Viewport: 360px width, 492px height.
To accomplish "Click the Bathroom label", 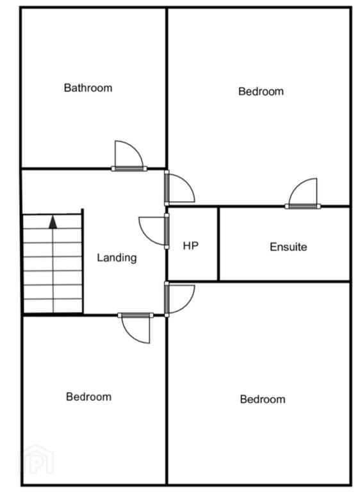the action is (88, 88).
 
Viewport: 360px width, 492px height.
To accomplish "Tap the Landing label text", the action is (117, 258).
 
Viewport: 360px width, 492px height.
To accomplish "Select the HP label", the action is (190, 246).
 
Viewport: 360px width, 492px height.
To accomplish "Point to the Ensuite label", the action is (288, 247).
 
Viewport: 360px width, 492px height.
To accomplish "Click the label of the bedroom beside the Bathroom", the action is (261, 92).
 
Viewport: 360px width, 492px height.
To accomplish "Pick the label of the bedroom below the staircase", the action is (88, 397).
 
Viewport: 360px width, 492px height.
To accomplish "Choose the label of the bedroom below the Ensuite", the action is (263, 399).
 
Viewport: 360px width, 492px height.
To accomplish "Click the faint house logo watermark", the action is (37, 459).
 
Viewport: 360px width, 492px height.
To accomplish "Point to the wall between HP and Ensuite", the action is (218, 244).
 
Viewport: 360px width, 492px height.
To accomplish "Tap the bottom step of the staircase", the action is (53, 306).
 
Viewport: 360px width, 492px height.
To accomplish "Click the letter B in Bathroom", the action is (67, 88).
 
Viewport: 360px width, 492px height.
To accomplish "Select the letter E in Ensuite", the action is (273, 247).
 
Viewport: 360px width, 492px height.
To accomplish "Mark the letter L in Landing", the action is (100, 258).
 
